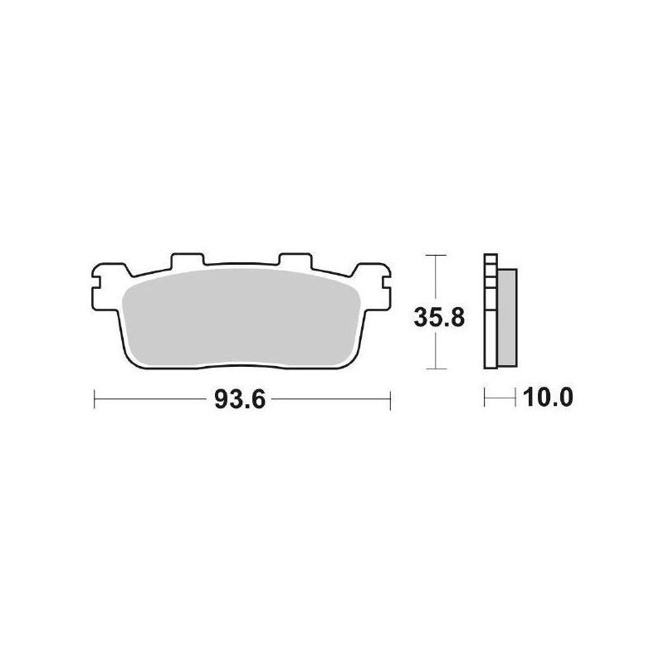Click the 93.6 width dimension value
pyautogui.click(x=239, y=400)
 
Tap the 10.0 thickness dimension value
pyautogui.click(x=548, y=399)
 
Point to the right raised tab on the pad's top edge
pyautogui.click(x=293, y=261)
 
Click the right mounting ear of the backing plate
pyautogui.click(x=373, y=279)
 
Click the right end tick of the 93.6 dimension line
pyautogui.click(x=389, y=400)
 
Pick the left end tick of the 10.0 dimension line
pyautogui.click(x=485, y=399)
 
